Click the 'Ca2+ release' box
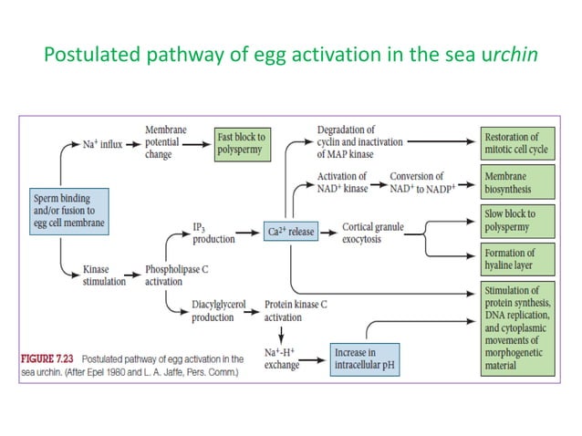coord(290,232)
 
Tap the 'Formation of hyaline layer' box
coord(518,260)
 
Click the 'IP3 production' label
coord(211,232)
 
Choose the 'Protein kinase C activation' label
coord(298,312)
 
